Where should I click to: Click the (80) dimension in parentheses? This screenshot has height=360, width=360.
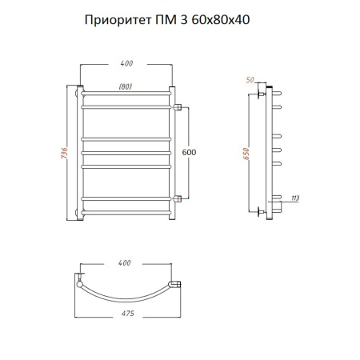click(126, 86)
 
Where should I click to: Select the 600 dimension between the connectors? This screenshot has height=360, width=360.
click(190, 152)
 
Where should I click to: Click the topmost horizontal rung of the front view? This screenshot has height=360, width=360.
click(126, 94)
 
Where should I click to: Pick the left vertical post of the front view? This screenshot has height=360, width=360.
click(80, 152)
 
